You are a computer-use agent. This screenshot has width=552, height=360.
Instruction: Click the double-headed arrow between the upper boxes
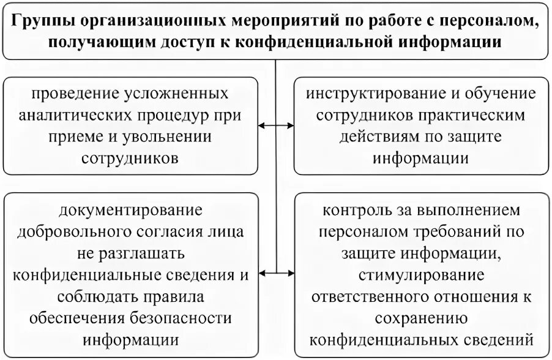277,126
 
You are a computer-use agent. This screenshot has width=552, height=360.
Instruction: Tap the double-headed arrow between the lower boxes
277,274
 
